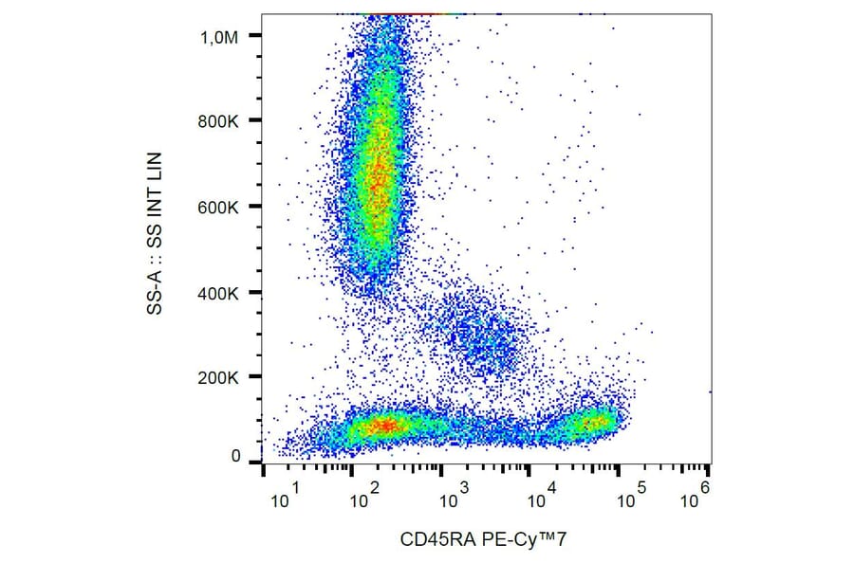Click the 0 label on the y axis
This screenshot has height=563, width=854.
235,457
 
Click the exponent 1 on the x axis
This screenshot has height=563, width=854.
297,487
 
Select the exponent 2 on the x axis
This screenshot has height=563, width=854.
378,487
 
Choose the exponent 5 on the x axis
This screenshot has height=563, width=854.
641,487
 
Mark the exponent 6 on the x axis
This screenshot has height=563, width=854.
706,487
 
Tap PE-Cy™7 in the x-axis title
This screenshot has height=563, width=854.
519,539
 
